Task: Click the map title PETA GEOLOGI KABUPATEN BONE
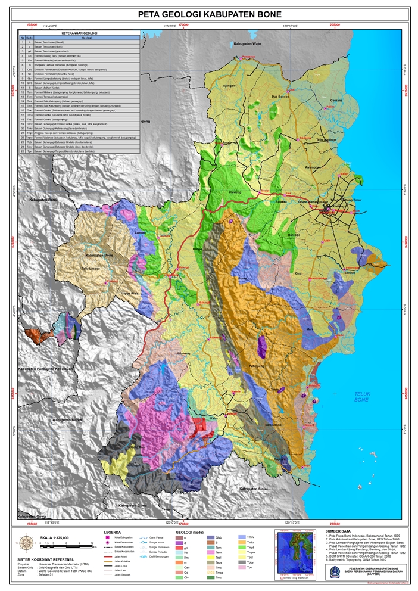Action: point(210,14)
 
